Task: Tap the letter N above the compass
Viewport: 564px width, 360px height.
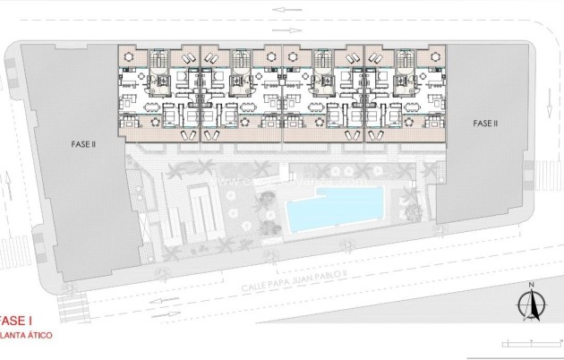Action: (532, 286)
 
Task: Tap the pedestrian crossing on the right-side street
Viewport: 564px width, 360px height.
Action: (544, 170)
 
